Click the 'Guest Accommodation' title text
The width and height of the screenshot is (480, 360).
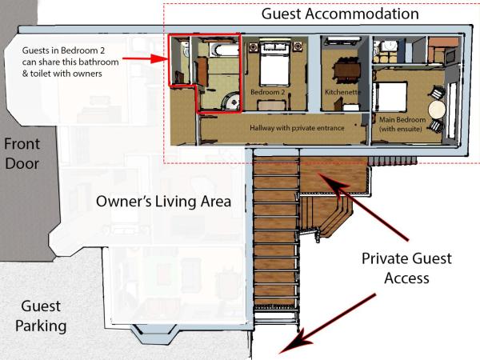pos(340,14)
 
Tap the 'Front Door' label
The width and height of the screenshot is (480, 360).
pos(22,154)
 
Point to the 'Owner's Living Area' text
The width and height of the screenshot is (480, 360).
pos(164,202)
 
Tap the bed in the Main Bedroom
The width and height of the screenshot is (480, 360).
pos(394,97)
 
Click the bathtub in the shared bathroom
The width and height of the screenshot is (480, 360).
pos(222,50)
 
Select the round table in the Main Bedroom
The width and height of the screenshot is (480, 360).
pos(436,109)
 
